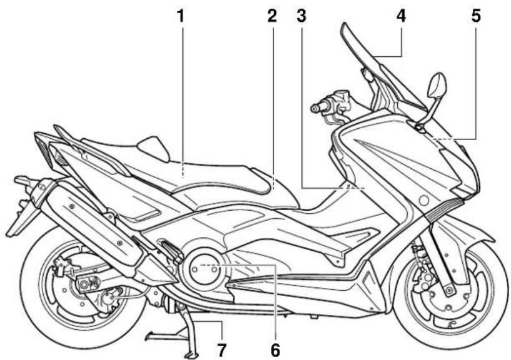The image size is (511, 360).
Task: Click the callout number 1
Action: coord(180,16)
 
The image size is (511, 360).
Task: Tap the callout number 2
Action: coord(272,16)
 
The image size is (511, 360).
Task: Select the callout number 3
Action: coord(302,16)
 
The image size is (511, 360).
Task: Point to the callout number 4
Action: coord(401,16)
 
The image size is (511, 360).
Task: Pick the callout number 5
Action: coord(476,16)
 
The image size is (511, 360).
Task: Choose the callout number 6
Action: coord(275,350)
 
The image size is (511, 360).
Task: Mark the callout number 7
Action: coord(222,350)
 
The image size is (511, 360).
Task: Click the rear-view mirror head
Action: coord(437,85)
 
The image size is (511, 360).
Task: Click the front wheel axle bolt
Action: coord(449,290)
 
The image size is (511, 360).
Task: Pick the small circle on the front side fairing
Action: coord(424,201)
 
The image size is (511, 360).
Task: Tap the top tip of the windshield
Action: coord(344,25)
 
